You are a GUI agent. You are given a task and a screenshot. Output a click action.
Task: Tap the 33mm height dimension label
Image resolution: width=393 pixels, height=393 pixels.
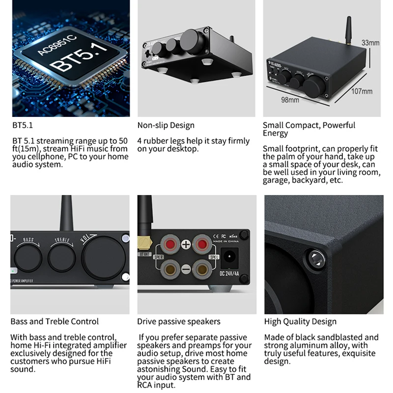click(370, 43)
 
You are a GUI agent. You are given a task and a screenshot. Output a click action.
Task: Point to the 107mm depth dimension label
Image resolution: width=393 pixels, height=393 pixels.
click(362, 91)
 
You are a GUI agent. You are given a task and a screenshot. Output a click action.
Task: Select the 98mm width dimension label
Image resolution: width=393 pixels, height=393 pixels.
click(290, 100)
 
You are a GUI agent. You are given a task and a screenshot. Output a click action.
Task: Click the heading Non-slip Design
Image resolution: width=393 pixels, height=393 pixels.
click(166, 125)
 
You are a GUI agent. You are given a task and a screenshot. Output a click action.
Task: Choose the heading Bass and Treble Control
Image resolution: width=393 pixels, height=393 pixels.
click(55, 322)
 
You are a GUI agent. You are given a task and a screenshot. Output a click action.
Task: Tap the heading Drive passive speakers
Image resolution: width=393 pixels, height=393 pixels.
click(179, 322)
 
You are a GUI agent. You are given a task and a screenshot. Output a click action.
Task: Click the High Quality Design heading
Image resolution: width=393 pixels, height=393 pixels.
click(300, 322)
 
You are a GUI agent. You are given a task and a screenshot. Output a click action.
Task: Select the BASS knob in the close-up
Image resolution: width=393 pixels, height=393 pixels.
click(28, 256)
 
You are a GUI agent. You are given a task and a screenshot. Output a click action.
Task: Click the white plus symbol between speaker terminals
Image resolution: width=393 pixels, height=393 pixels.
click(186, 244)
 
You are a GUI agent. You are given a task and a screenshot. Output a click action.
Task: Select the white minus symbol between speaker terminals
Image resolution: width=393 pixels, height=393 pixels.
click(186, 269)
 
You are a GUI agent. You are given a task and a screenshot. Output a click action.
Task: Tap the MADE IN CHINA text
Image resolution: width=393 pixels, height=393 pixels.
click(225, 241)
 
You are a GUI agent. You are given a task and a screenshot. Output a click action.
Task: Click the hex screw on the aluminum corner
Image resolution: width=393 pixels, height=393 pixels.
click(312, 256)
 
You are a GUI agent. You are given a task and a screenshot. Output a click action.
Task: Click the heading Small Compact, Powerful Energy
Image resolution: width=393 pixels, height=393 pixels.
click(309, 129)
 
